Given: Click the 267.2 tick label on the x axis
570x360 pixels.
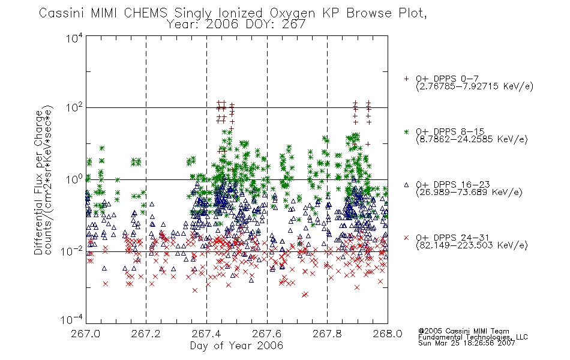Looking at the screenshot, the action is pyautogui.click(x=146, y=334).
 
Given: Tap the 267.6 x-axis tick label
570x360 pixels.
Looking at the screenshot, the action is pyautogui.click(x=267, y=334).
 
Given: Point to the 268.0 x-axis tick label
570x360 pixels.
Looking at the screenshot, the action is pyautogui.click(x=388, y=334).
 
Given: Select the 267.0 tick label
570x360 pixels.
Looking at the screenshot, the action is pyautogui.click(x=86, y=334).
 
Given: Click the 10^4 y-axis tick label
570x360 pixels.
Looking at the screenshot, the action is pyautogui.click(x=74, y=38).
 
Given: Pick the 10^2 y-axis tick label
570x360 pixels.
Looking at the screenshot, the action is pyautogui.click(x=74, y=107).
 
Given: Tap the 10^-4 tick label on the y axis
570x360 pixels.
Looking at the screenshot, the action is pyautogui.click(x=72, y=319).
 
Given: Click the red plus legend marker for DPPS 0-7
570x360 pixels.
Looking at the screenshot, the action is pyautogui.click(x=406, y=79).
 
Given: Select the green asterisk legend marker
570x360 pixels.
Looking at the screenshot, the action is pyautogui.click(x=406, y=131).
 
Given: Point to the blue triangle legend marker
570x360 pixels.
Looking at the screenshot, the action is pyautogui.click(x=406, y=185).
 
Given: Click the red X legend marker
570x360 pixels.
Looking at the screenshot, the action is pyautogui.click(x=406, y=238).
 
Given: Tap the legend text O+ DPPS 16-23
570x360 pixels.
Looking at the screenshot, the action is pyautogui.click(x=453, y=184).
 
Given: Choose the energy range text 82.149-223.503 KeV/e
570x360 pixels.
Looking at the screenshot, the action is pyautogui.click(x=472, y=245).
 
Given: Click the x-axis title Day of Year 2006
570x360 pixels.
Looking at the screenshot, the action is pyautogui.click(x=236, y=346).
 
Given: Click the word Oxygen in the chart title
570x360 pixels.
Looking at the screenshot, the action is pyautogui.click(x=292, y=13).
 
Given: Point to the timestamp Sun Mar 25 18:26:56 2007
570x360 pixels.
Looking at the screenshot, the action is pyautogui.click(x=466, y=343).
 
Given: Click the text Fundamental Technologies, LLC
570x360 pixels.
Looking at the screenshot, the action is pyautogui.click(x=473, y=337).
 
